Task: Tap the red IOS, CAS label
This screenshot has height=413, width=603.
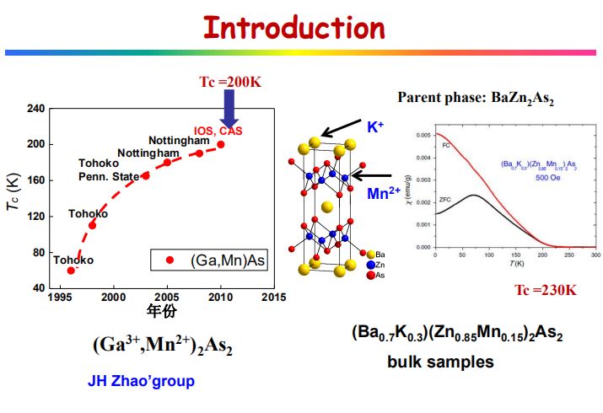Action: tap(217, 131)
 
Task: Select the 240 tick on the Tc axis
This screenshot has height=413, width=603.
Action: tap(35, 109)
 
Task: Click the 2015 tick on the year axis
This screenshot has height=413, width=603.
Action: tap(273, 298)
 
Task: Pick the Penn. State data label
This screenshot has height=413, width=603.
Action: tap(108, 175)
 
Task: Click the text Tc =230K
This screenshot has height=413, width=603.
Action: tap(546, 291)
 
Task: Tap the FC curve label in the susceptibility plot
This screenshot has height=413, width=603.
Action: tap(445, 146)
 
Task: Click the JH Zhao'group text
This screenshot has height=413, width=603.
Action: tap(141, 381)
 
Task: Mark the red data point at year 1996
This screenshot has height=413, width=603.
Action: tap(71, 270)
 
